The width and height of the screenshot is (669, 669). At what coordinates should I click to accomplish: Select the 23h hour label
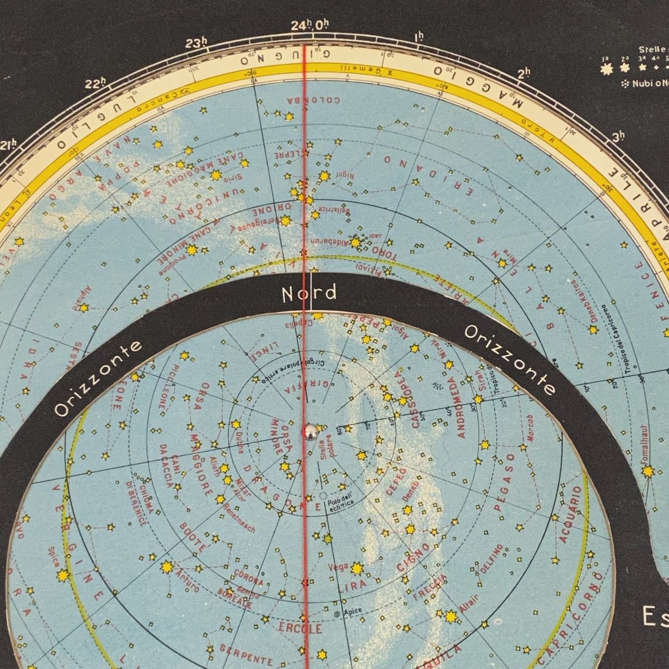coord(196,45)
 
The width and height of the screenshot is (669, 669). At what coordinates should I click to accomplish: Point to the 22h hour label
coord(96,84)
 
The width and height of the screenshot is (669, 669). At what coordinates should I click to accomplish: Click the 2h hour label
coord(524,74)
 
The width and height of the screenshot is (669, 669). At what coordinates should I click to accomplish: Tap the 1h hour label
coord(419,37)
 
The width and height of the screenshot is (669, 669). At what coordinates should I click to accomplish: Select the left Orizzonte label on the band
coord(98,379)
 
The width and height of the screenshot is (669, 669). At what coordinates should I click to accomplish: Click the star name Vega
coord(338,566)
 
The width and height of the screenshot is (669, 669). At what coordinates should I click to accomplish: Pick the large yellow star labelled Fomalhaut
coord(647,472)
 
